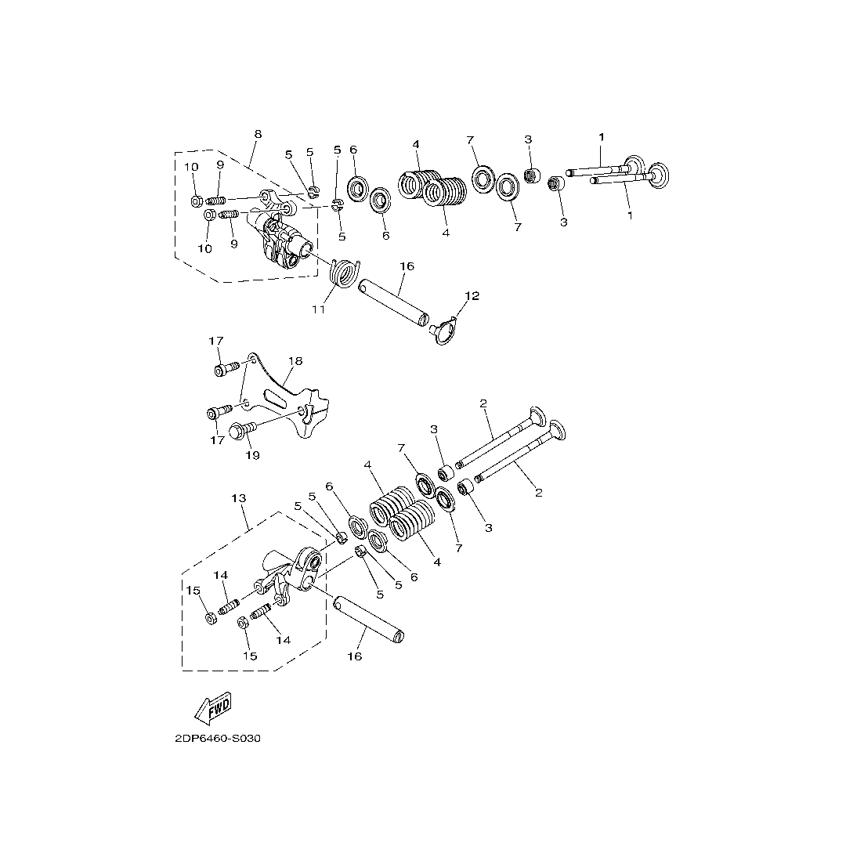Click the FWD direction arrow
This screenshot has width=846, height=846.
click(213, 707)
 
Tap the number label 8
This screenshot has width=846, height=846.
click(258, 134)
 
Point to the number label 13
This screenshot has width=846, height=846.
click(239, 498)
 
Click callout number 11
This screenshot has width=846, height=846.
click(319, 310)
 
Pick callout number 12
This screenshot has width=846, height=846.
click(472, 296)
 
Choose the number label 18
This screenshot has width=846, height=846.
click(295, 361)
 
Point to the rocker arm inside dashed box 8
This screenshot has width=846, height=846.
click(282, 239)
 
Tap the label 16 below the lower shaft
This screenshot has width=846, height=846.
click(355, 656)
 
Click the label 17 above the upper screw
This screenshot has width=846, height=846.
click(216, 341)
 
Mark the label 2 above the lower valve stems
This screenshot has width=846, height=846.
click(483, 403)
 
